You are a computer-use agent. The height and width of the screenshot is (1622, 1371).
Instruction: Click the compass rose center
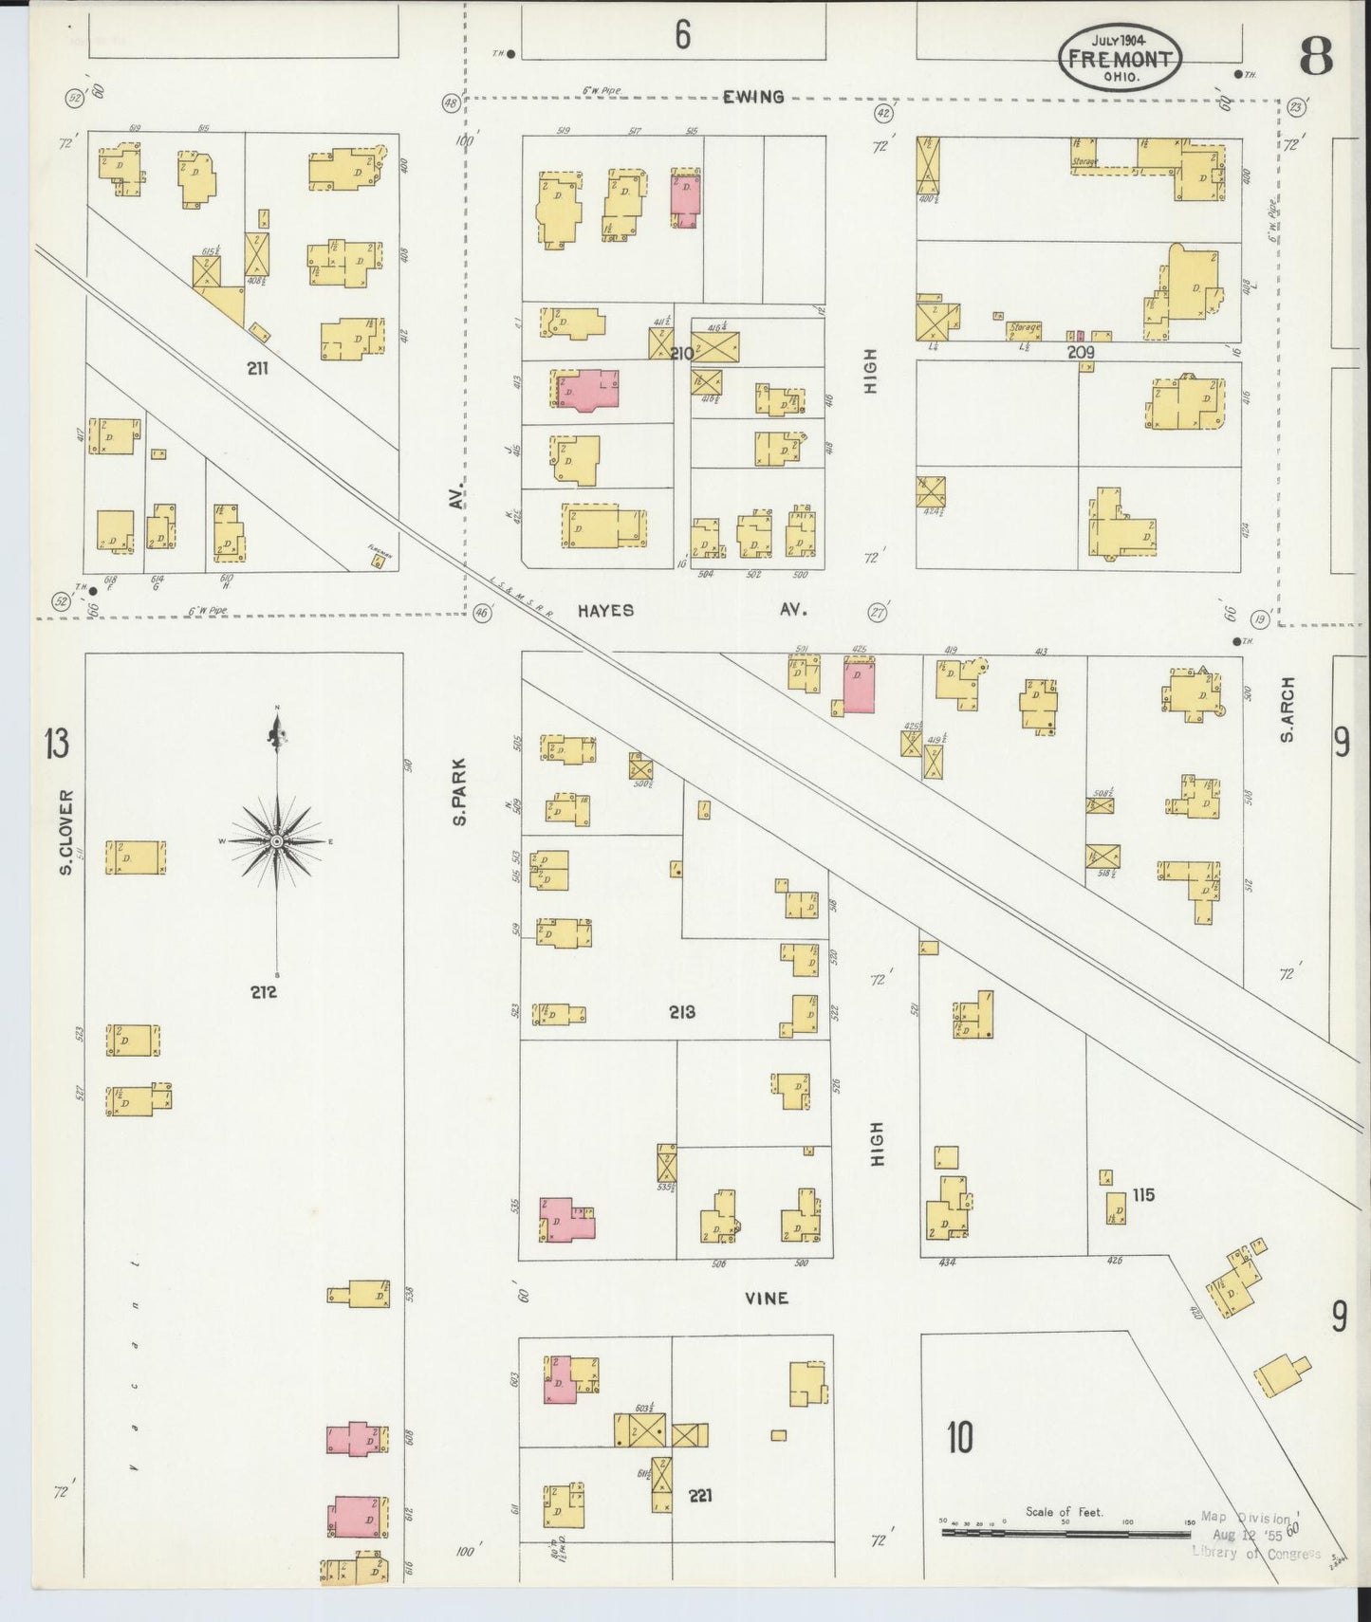point(276,841)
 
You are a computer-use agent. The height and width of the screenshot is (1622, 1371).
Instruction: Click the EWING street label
point(753,96)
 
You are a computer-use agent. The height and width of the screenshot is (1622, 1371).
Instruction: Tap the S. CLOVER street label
point(66,832)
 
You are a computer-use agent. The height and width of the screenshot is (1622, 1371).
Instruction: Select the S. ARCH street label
point(1288,710)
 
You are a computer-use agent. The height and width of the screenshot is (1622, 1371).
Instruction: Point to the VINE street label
point(766,1298)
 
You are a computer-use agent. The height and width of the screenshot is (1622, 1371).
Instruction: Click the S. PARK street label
point(459,790)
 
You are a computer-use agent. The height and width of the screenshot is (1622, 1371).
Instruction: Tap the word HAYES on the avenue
point(605,610)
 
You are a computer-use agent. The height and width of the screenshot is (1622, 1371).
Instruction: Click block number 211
point(257,368)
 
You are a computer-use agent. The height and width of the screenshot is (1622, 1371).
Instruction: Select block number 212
point(263,992)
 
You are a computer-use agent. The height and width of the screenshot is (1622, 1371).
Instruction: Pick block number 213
point(681,1012)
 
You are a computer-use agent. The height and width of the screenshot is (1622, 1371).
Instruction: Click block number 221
point(700,1495)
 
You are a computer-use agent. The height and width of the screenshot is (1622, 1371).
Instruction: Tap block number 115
point(1143,1194)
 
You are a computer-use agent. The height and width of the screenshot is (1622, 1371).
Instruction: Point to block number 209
point(1081,352)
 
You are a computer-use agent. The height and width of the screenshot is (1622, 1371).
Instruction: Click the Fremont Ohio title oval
point(1120,58)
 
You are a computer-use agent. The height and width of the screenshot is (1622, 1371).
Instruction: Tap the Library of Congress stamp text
point(1255,1553)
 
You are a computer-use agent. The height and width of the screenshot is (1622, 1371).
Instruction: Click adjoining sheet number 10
point(959,1438)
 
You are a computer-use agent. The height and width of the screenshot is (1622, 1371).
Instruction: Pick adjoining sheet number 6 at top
point(682,35)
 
